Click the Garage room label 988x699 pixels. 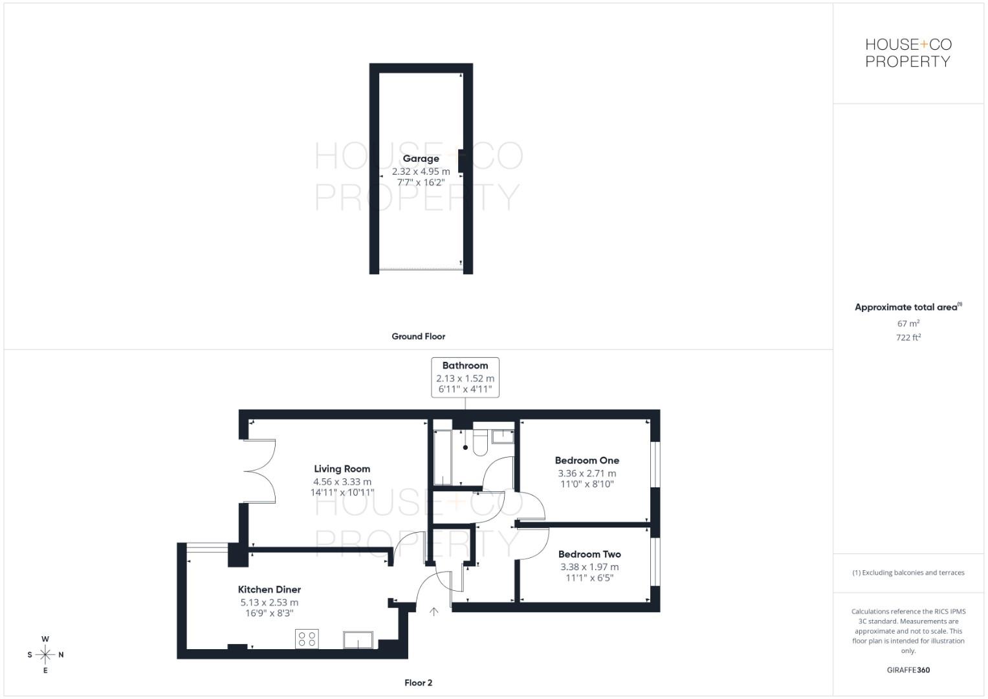[421, 159]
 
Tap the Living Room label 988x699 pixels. [342, 469]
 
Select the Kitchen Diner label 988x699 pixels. [269, 590]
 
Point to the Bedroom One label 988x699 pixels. [587, 461]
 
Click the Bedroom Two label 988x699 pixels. [589, 555]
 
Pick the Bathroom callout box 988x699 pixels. [465, 377]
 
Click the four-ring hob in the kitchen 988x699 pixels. [307, 639]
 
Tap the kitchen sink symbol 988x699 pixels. [358, 639]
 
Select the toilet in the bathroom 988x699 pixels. [480, 443]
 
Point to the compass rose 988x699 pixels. [45, 655]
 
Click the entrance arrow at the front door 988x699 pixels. [434, 611]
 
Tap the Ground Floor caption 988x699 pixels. [418, 337]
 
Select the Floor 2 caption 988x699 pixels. [418, 683]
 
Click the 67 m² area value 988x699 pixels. [908, 324]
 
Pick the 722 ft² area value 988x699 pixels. [908, 338]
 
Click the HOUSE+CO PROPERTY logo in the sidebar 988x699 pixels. [908, 53]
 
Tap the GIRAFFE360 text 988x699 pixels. [908, 671]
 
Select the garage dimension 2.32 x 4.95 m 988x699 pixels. [421, 172]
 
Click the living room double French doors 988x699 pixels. [261, 471]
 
